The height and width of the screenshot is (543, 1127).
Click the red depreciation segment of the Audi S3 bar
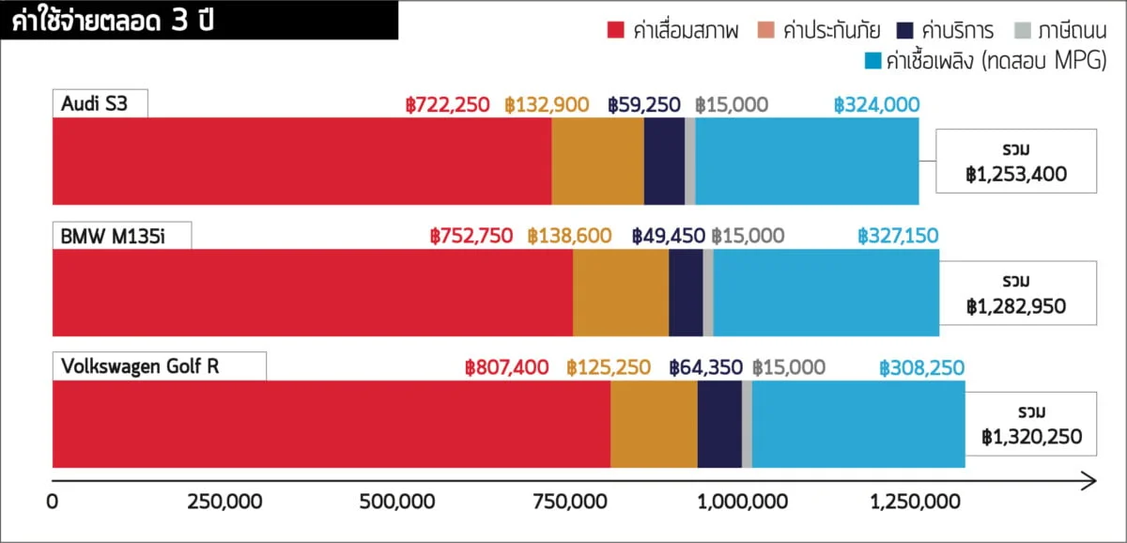tap(301, 161)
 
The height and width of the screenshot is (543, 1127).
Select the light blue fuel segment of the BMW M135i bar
tap(826, 292)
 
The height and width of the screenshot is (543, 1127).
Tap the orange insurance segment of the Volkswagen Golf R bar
tap(654, 424)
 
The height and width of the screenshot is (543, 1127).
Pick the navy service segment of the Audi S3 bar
tap(664, 161)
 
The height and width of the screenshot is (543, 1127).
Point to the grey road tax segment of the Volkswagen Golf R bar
tap(747, 424)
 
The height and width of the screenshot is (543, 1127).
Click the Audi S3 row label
tap(93, 103)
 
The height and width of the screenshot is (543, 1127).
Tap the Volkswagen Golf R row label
tap(140, 366)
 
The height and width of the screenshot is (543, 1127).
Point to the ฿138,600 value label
tap(569, 236)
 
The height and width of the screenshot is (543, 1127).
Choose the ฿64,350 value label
tap(705, 367)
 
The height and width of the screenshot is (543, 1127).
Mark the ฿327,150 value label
tap(898, 236)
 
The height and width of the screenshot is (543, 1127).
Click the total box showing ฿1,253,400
tap(1015, 162)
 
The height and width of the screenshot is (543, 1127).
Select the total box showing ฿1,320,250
tap(1031, 424)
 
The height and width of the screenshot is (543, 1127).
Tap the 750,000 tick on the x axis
tap(574, 503)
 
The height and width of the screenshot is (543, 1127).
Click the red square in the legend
tap(616, 31)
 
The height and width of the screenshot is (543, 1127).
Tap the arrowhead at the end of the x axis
tap(1089, 482)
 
